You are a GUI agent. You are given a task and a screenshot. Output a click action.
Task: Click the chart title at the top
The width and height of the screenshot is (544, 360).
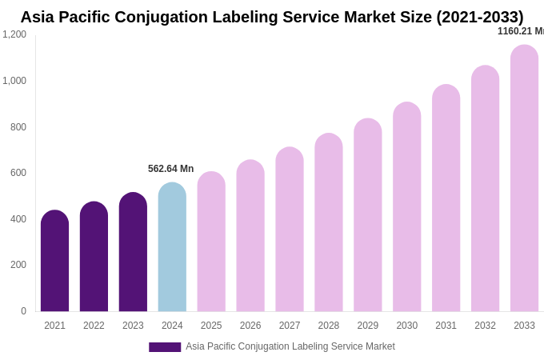pos(272,17)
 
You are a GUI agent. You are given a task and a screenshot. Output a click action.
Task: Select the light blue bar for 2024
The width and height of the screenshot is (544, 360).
pos(172,247)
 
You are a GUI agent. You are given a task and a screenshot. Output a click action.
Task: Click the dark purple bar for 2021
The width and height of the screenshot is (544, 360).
pos(54,261)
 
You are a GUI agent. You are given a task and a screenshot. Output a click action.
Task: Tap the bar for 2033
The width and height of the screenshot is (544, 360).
pos(524,178)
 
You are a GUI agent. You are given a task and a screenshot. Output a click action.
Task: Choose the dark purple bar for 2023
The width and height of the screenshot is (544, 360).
pos(133,252)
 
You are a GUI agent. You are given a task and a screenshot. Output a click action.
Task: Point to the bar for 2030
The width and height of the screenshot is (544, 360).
pos(406,207)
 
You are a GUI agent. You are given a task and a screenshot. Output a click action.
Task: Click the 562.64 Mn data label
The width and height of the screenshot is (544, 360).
pos(170,169)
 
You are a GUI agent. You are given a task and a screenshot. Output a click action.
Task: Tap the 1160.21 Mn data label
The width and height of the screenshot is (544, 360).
pos(521,31)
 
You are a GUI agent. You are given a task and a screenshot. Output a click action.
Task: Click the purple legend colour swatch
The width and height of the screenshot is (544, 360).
pos(165,347)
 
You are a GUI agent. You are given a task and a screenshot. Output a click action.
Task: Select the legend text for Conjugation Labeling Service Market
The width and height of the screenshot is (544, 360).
pos(290,346)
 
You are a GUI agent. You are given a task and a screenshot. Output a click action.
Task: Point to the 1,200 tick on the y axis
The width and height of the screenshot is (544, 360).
pos(14,34)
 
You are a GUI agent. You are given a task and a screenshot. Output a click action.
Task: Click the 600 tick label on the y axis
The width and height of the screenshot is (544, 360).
pos(18,173)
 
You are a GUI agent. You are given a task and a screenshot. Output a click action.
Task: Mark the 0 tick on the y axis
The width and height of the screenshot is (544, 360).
pos(23,311)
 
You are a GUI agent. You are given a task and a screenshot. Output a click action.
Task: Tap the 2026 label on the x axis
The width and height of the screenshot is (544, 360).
pos(250,326)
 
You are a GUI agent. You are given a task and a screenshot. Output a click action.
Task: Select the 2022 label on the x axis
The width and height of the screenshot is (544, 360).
pos(94,326)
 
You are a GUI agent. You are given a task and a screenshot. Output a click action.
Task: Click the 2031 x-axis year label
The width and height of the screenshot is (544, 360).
pos(446,326)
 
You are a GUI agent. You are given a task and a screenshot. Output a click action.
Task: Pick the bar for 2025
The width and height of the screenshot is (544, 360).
pos(211,242)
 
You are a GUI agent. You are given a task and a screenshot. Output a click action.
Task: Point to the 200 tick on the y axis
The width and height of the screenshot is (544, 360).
pos(18,265)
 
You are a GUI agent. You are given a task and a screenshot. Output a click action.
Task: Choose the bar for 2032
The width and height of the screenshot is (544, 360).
pos(485,189)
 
